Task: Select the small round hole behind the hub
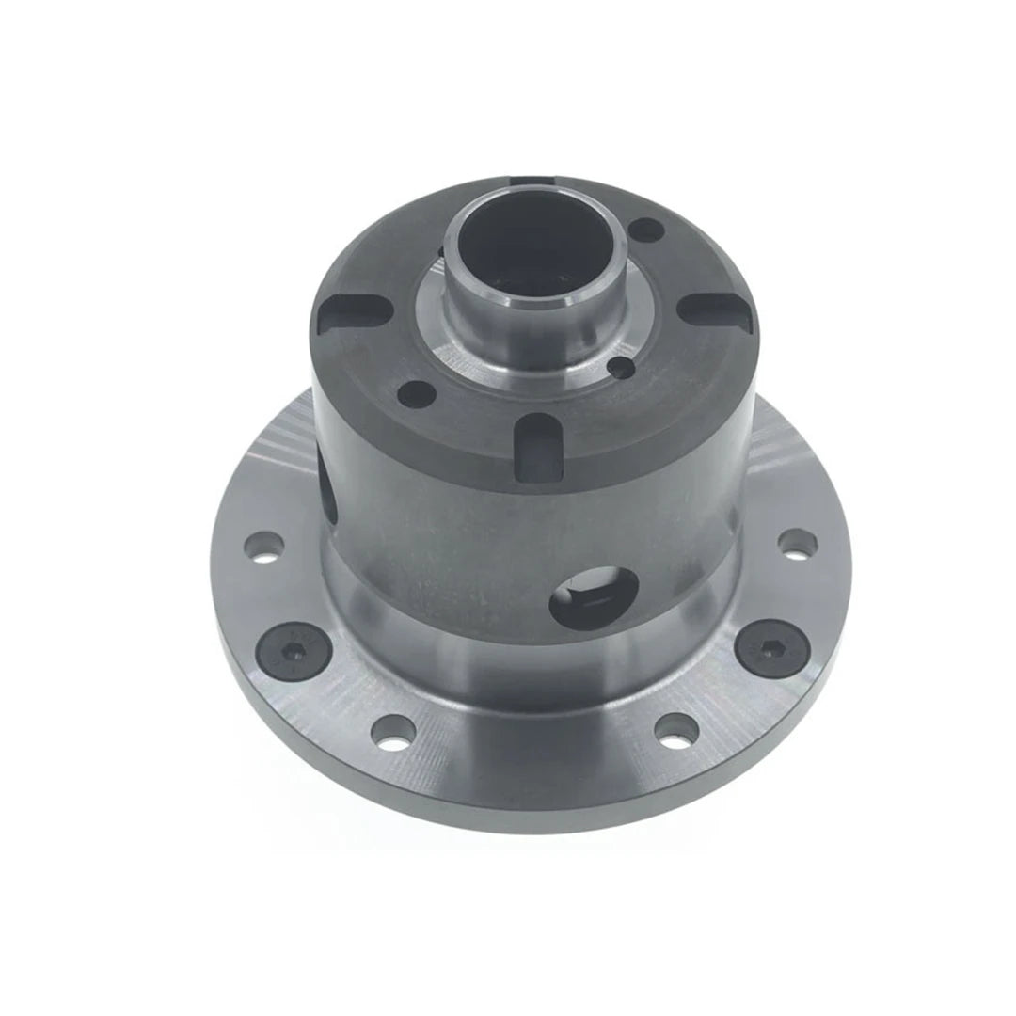(x=646, y=229)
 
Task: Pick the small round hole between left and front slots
(x=411, y=389)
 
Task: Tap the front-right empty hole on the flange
(x=675, y=730)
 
